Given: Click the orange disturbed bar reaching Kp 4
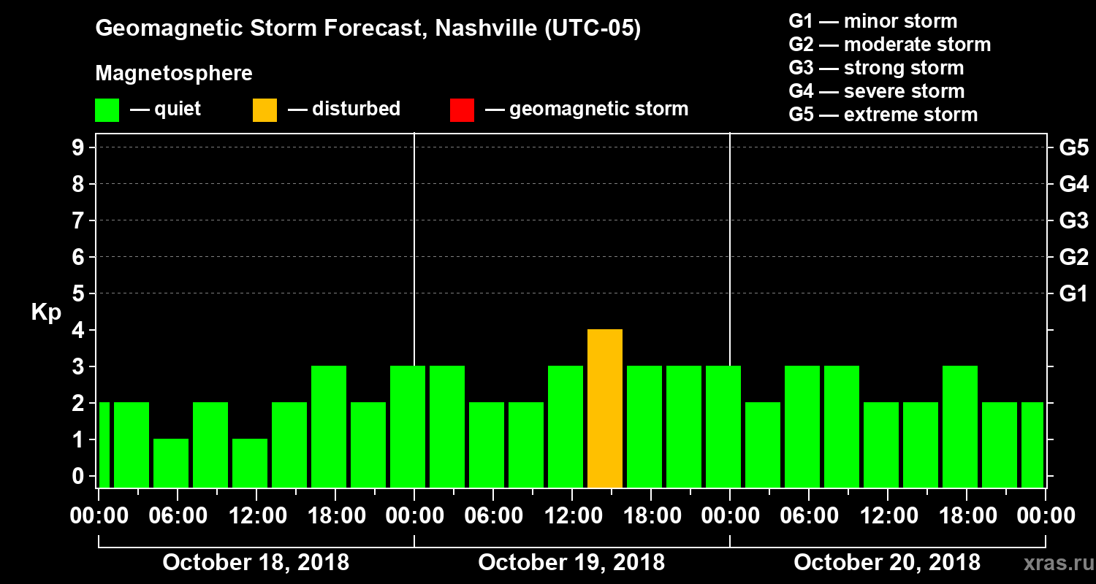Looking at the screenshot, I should (x=605, y=409).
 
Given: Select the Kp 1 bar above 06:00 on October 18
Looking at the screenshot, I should (x=171, y=463).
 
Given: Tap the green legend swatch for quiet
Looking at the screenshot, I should (x=107, y=109).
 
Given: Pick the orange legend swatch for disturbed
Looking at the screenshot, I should (x=265, y=109).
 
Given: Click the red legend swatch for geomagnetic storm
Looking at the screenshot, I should (x=462, y=109).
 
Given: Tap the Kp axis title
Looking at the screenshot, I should (x=46, y=312).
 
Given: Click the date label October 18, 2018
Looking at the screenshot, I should (x=256, y=562).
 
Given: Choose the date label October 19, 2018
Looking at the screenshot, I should (x=571, y=562).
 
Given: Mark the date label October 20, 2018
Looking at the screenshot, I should (x=887, y=562).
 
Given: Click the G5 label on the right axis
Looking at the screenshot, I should (x=1073, y=148).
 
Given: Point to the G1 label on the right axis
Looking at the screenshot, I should (x=1073, y=294).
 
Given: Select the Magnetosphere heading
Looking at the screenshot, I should (x=174, y=74).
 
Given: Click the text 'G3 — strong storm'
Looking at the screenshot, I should (x=876, y=68).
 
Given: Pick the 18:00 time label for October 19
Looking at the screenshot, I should (x=650, y=516).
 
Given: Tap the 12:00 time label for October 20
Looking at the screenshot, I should (x=887, y=516).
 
